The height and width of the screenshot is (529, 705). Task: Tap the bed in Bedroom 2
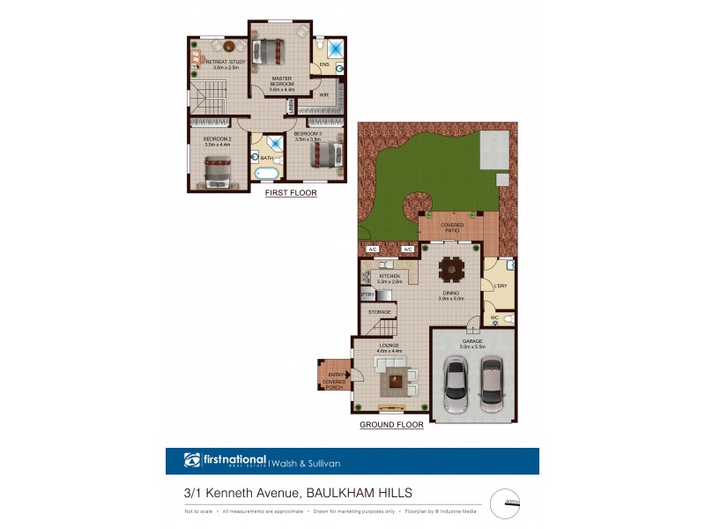click(x=217, y=171)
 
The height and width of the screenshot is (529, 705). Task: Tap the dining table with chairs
click(x=453, y=267)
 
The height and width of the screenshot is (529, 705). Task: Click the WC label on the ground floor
click(x=494, y=317)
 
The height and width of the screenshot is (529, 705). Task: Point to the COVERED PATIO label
click(x=452, y=227)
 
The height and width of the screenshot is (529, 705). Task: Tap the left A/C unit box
click(x=372, y=250)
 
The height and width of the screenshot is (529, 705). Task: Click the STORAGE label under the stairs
click(x=380, y=311)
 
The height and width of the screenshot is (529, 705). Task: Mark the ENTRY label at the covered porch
click(x=335, y=375)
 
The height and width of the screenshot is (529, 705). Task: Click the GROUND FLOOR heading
click(x=391, y=425)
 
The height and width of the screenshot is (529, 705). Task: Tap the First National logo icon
click(x=192, y=460)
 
